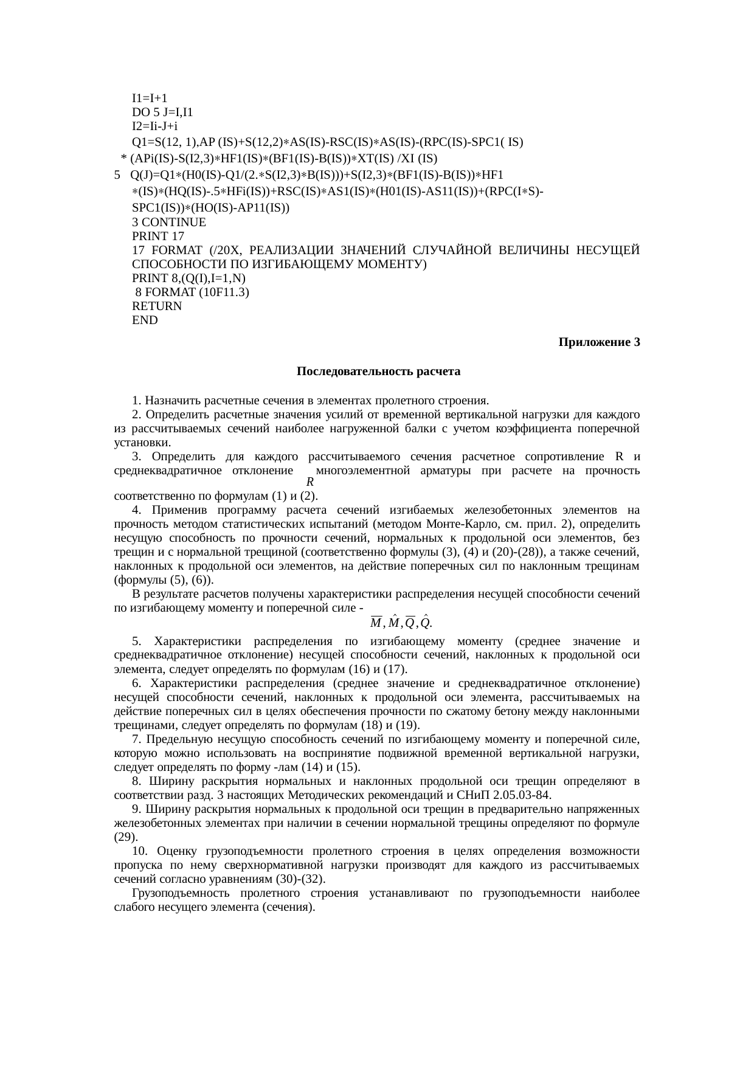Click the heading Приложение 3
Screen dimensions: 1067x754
(599, 342)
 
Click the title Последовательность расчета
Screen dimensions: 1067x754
(378, 371)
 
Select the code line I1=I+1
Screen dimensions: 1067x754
(150, 98)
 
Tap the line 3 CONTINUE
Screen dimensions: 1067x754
(168, 223)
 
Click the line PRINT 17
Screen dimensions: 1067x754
(157, 236)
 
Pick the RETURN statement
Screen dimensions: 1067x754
(156, 306)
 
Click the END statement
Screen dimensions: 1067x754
(145, 320)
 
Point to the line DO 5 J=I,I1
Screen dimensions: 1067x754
(162, 112)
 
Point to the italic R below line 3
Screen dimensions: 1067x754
(310, 482)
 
